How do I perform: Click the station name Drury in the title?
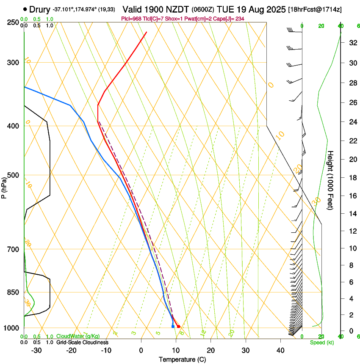click(39, 9)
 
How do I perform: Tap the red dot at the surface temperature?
click(178, 326)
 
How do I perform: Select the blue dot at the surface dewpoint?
click(173, 326)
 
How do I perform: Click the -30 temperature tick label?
click(36, 350)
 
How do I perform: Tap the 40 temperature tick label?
click(280, 350)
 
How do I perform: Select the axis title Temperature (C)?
click(182, 359)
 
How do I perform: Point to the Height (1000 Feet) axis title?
click(331, 180)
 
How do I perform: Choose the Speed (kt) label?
click(321, 342)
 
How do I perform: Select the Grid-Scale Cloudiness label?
click(82, 342)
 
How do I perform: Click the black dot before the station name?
click(25, 9)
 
